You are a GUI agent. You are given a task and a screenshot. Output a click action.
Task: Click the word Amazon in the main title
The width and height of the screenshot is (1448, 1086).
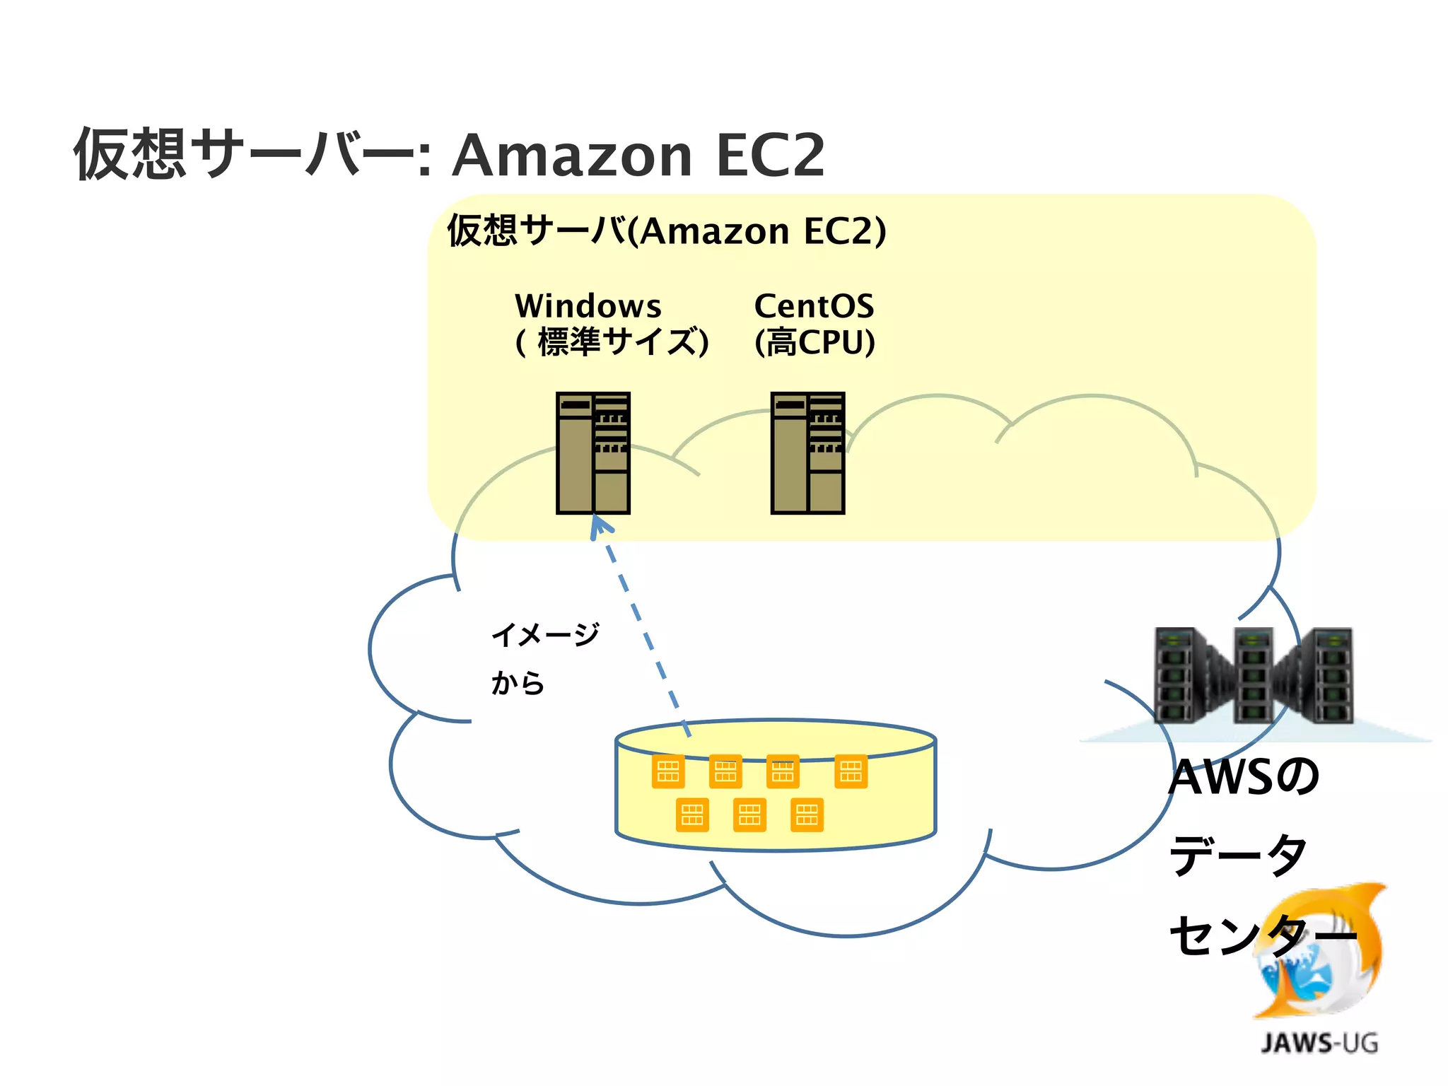tap(571, 155)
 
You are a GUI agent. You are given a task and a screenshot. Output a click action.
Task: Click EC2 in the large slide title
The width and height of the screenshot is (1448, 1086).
tap(770, 155)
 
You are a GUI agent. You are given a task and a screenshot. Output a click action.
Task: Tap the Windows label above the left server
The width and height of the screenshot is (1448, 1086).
tap(588, 306)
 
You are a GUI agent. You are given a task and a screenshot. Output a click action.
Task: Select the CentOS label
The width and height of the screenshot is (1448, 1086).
tap(814, 306)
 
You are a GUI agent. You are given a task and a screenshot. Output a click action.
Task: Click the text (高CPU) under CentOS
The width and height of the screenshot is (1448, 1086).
tap(814, 342)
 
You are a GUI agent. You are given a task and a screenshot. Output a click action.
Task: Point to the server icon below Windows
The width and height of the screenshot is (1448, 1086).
tap(592, 452)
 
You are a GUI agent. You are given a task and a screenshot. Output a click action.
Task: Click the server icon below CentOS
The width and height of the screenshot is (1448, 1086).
tap(807, 452)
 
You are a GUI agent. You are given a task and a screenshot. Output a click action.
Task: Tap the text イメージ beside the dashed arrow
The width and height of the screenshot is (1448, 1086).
tap(545, 634)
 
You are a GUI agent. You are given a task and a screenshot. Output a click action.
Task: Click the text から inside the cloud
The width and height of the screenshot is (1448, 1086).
tap(518, 683)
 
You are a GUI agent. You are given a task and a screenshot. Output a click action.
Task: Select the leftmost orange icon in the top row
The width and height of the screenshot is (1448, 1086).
tap(667, 771)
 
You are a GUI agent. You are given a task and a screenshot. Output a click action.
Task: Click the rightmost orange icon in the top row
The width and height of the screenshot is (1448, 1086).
tap(851, 771)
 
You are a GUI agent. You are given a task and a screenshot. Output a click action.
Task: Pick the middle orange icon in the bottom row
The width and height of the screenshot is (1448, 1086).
tap(749, 815)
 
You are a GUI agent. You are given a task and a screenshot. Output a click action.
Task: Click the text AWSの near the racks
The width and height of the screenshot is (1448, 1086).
tap(1243, 776)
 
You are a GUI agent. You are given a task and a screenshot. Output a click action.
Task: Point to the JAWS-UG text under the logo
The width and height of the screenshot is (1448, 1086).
tap(1319, 1043)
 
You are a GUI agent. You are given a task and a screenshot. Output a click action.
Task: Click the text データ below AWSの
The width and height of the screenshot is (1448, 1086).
tap(1237, 855)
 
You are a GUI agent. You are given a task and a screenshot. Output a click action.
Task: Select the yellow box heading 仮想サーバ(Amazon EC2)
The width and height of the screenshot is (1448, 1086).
tap(666, 230)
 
